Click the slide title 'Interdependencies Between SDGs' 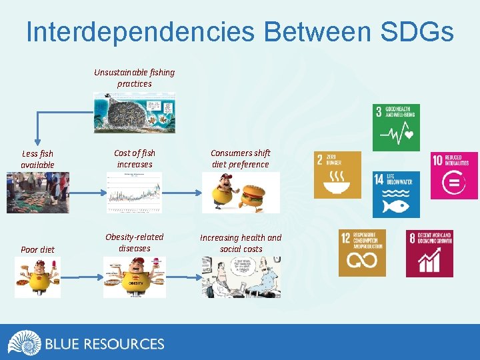[x=240, y=31]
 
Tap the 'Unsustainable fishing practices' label [x=134, y=78]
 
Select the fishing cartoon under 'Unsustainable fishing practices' [x=134, y=112]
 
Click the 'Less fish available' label [x=37, y=159]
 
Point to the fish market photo [x=37, y=193]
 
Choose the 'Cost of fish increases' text [x=134, y=159]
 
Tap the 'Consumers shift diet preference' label [x=240, y=159]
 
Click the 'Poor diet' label [x=37, y=249]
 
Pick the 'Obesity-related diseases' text [x=134, y=243]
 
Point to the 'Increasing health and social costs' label [x=241, y=243]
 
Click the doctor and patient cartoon [x=241, y=277]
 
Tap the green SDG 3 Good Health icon [x=396, y=127]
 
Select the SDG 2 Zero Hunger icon [x=338, y=175]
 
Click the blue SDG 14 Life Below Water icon [x=396, y=195]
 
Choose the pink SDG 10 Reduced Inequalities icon [x=454, y=175]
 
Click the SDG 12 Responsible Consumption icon [x=362, y=253]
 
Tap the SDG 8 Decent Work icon [x=429, y=253]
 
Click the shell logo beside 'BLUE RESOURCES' [x=24, y=343]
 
